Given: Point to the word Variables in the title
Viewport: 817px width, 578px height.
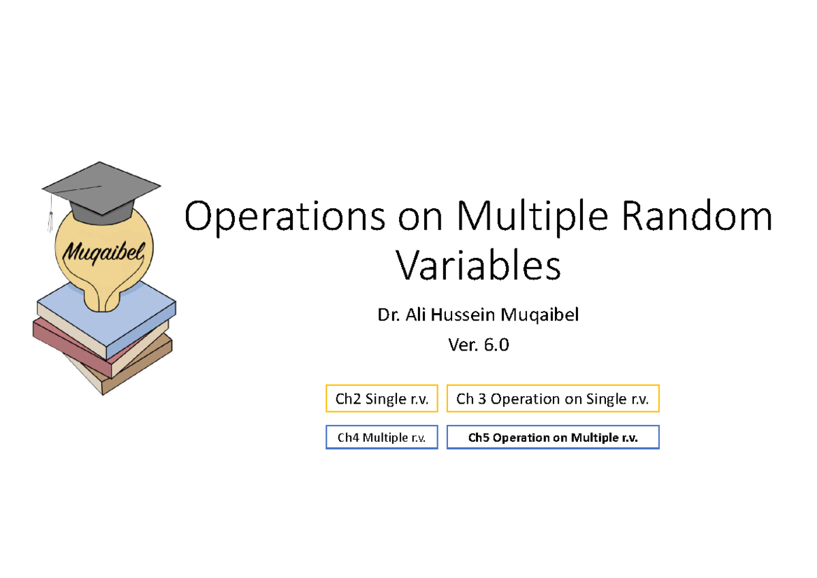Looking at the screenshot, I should [x=479, y=266].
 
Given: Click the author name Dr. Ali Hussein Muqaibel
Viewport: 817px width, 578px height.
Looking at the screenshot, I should [x=478, y=315].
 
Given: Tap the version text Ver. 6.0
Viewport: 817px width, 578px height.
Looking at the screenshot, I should [x=478, y=345].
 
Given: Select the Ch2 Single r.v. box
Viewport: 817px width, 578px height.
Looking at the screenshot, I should [x=381, y=399].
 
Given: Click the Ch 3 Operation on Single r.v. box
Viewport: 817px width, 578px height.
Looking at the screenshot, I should [x=552, y=399].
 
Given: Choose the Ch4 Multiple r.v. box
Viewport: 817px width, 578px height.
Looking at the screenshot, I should [x=381, y=438].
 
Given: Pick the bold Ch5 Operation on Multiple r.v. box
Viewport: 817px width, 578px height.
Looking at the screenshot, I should [x=552, y=438].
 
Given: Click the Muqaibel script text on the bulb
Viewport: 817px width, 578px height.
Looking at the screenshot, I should [x=103, y=253].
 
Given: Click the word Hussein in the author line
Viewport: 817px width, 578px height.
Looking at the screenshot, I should [x=470, y=315].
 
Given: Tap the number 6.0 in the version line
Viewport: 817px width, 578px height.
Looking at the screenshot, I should [x=496, y=345].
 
